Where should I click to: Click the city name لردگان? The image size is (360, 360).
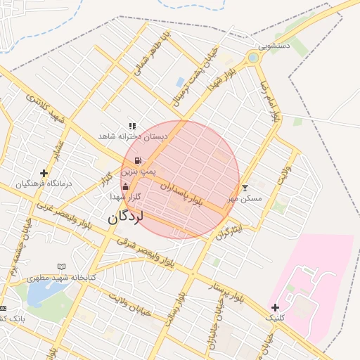(125, 218)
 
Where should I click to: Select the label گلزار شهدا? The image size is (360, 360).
(127, 198)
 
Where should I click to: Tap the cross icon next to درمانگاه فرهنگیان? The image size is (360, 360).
(44, 172)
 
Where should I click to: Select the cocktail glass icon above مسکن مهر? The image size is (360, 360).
(245, 188)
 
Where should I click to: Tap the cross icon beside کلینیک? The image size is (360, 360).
(275, 307)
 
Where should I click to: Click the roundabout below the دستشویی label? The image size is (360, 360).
(253, 57)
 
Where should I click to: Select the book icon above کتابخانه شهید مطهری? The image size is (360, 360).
(61, 266)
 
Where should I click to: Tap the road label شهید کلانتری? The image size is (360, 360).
(46, 110)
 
